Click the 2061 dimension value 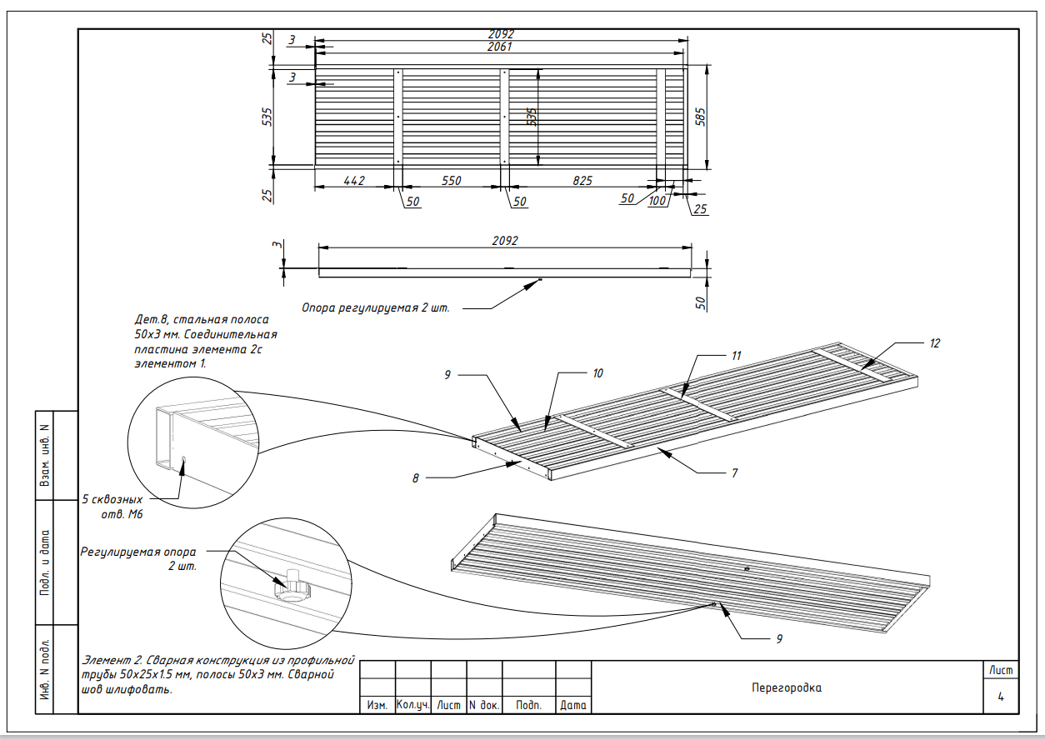click(x=500, y=47)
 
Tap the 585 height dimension click(x=700, y=117)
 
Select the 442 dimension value click(x=354, y=181)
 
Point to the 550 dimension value click(x=451, y=181)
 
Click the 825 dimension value click(x=582, y=181)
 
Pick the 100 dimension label click(x=657, y=201)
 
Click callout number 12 click(x=934, y=343)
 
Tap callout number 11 click(x=736, y=356)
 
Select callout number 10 click(x=597, y=373)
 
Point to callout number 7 click(x=735, y=473)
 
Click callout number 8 click(x=415, y=478)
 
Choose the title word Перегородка click(x=787, y=687)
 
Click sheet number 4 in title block click(x=1001, y=697)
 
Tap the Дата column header click(x=572, y=705)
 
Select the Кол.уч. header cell click(x=412, y=704)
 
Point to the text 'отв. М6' click(x=122, y=514)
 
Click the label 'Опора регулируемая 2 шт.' click(x=376, y=308)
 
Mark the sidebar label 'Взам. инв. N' click(x=45, y=455)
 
